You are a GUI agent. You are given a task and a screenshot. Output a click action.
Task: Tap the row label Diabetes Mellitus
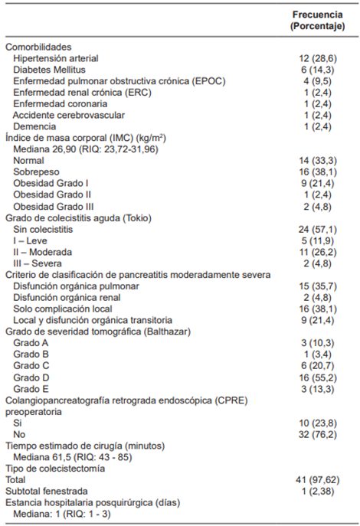(x=47, y=69)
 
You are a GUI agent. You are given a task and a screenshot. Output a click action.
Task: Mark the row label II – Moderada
(x=43, y=252)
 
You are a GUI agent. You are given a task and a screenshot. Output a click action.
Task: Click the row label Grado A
(x=31, y=343)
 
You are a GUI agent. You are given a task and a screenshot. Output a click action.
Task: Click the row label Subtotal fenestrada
(x=47, y=491)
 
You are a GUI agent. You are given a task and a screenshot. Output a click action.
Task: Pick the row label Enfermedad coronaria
(x=60, y=103)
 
